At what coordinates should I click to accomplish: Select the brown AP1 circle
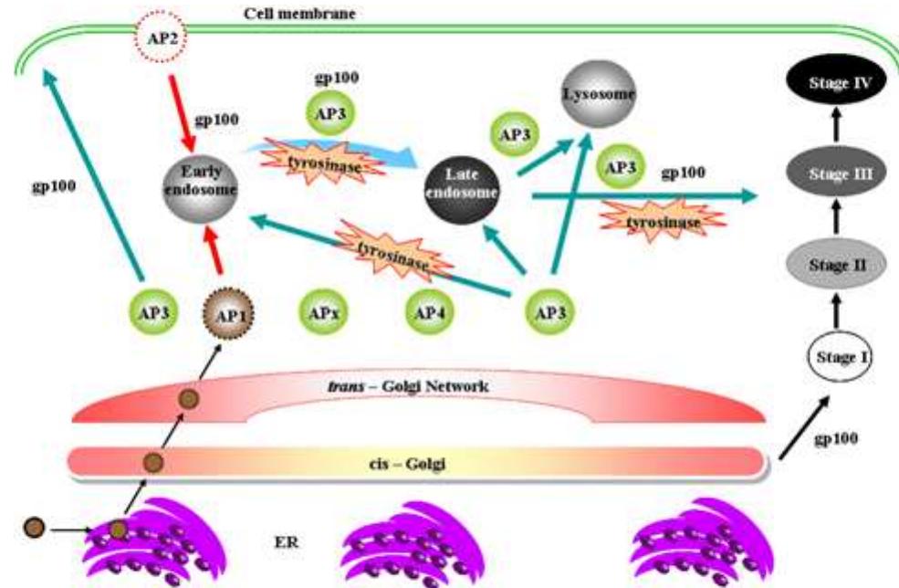[x=228, y=315]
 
